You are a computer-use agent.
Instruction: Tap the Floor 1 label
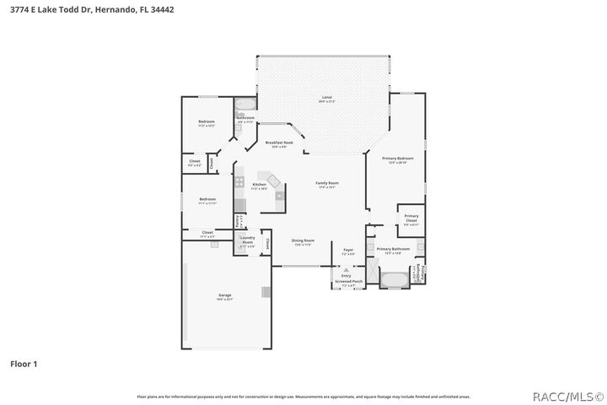click(x=24, y=364)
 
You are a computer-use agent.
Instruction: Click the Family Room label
click(x=327, y=185)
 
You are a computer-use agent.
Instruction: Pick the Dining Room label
click(x=302, y=242)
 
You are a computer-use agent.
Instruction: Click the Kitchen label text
click(x=260, y=186)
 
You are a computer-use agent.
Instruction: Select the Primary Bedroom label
click(x=397, y=159)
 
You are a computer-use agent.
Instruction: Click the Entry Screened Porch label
click(x=346, y=278)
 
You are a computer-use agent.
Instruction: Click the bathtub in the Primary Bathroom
click(x=393, y=278)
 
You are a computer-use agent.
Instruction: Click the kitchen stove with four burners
click(x=239, y=181)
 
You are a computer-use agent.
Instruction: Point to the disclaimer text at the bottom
click(x=303, y=396)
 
